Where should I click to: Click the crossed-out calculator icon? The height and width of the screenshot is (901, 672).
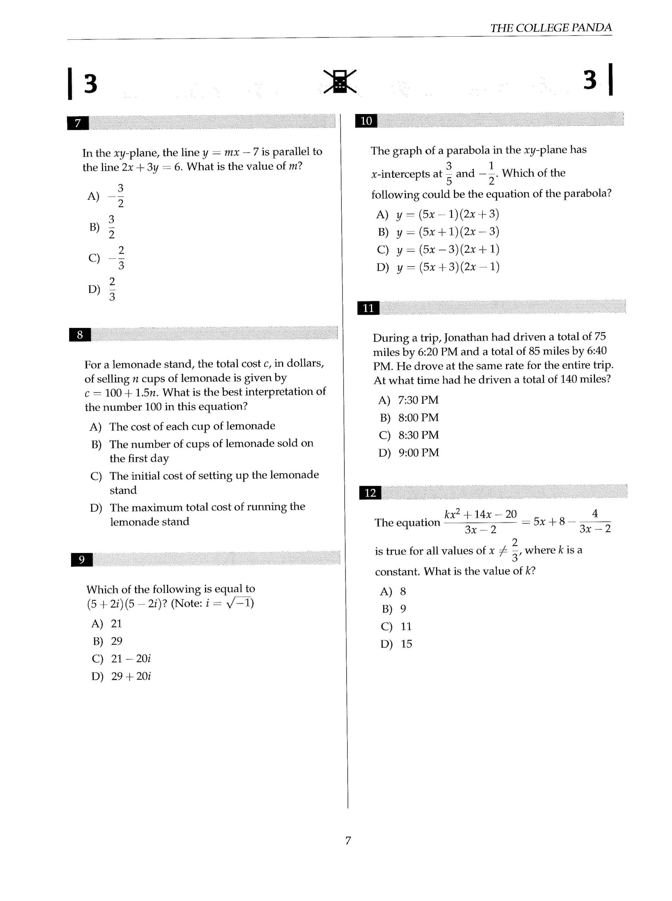coord(340,81)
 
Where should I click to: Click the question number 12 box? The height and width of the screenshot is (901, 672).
coord(370,493)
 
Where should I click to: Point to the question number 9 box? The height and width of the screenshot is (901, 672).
coord(82,560)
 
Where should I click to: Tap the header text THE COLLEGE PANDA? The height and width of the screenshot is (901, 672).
coord(550,28)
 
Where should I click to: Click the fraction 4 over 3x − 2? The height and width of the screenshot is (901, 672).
coord(594,522)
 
